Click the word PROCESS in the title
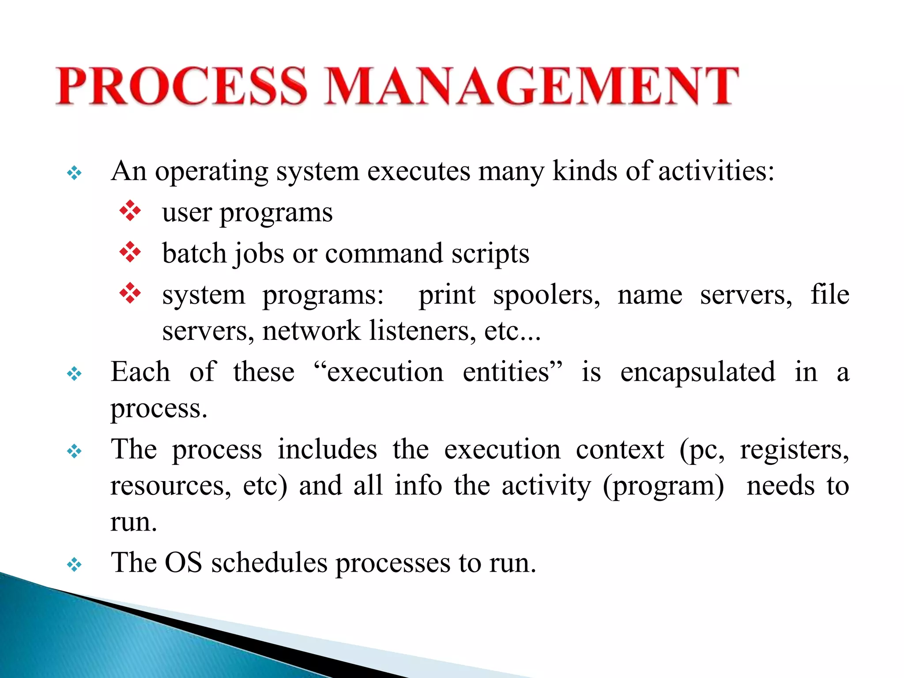click(x=181, y=86)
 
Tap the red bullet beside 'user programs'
click(x=130, y=211)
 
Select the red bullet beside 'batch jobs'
click(x=130, y=252)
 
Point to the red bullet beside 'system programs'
click(x=130, y=293)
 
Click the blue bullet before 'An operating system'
click(x=74, y=173)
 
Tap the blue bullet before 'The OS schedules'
click(x=74, y=565)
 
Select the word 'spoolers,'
click(x=546, y=295)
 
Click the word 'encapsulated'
click(x=697, y=372)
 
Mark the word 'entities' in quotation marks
click(x=512, y=372)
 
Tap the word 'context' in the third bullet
click(x=620, y=450)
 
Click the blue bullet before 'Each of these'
click(x=74, y=374)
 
